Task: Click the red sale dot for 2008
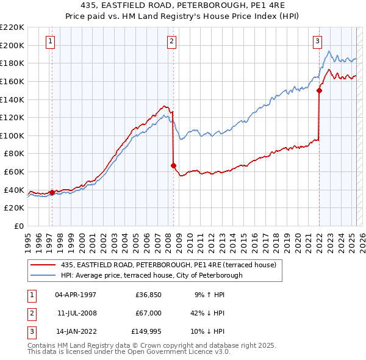coord(174,165)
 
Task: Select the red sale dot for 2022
coord(319,90)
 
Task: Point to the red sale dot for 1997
coord(52,193)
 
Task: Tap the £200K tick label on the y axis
coord(12,45)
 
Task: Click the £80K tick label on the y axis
coord(14,154)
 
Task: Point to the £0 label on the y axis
coord(18,226)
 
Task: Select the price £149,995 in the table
coord(146,333)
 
